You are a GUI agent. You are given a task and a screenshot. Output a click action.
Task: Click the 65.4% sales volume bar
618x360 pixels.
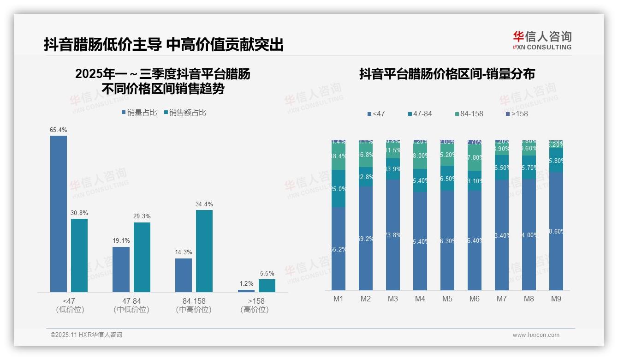[59, 214]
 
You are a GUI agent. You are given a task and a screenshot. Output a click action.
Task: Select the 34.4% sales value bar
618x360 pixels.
[204, 251]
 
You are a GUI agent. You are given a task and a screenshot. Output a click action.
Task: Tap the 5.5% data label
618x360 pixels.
[267, 273]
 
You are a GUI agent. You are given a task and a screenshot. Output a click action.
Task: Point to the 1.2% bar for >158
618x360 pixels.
[246, 291]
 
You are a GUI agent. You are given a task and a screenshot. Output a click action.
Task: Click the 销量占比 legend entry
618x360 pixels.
[139, 113]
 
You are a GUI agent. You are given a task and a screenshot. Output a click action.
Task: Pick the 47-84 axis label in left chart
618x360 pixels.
[131, 301]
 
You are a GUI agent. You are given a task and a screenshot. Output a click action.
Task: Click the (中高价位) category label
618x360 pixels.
[194, 310]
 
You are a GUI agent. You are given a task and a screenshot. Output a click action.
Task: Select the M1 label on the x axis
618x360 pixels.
[339, 299]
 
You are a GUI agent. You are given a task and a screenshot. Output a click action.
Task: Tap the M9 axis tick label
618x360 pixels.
[556, 299]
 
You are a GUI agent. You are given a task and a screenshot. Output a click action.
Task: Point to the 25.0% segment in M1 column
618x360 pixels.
[339, 189]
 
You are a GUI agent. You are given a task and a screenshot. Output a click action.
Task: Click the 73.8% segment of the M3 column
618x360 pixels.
[393, 235]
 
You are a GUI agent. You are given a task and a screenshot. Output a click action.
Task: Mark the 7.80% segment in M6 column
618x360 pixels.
[475, 157]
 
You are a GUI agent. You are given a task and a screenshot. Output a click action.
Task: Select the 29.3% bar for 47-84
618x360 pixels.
[142, 257]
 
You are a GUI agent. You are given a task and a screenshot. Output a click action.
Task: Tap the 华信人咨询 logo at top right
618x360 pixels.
[542, 40]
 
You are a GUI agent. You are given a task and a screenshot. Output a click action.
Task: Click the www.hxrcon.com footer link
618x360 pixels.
[536, 335]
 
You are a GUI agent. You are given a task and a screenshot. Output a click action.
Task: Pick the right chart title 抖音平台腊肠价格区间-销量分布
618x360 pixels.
[447, 74]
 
